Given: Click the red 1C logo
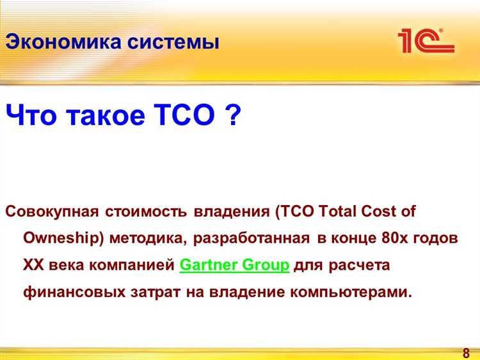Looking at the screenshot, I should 425,40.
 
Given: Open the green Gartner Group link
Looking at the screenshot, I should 235,265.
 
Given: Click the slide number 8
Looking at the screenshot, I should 465,353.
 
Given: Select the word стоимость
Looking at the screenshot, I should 147,211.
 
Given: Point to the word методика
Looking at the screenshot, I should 148,238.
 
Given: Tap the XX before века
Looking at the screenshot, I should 34,265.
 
